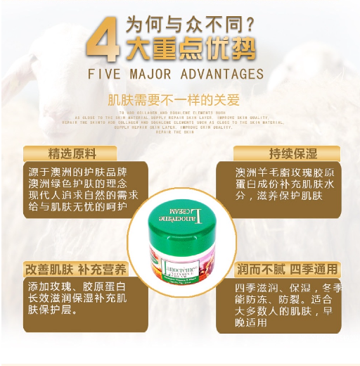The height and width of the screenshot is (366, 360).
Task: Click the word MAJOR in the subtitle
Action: click(150, 74)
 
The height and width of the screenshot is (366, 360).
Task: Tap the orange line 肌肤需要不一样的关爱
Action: click(180, 100)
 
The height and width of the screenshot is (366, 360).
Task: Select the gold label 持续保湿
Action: click(287, 153)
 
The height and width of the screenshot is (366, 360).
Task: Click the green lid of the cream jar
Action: click(180, 211)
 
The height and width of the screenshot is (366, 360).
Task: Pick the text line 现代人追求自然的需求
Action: click(82, 195)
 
